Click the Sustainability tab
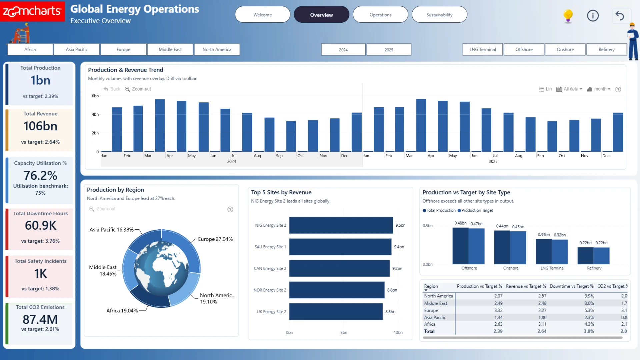pyautogui.click(x=439, y=15)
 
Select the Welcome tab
pyautogui.click(x=263, y=15)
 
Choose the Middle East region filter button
pyautogui.click(x=170, y=49)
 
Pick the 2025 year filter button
pyautogui.click(x=389, y=50)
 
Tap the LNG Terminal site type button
pyautogui.click(x=483, y=49)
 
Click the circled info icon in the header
pyautogui.click(x=593, y=16)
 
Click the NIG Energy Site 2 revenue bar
pyautogui.click(x=341, y=225)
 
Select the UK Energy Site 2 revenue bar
pyautogui.click(x=336, y=311)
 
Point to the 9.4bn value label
pyautogui.click(x=399, y=247)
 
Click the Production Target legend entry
pyautogui.click(x=475, y=210)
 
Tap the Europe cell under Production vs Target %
pyautogui.click(x=498, y=310)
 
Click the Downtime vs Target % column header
pyautogui.click(x=572, y=286)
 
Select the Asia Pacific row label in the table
pyautogui.click(x=435, y=317)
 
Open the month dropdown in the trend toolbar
pyautogui.click(x=599, y=89)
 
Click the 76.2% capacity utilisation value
pyautogui.click(x=40, y=175)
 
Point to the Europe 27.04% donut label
pyautogui.click(x=215, y=239)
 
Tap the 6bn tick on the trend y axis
pyautogui.click(x=95, y=96)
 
